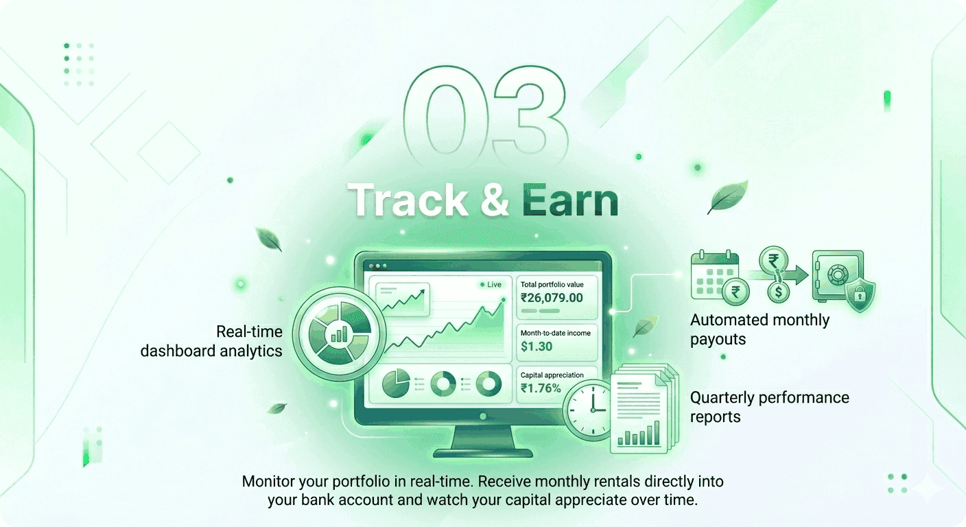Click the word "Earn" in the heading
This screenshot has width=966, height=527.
(570, 201)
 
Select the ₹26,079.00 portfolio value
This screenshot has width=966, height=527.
(552, 298)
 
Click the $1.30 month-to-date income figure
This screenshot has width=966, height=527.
(536, 347)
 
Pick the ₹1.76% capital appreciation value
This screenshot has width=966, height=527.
(541, 388)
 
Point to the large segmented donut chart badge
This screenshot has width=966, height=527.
(331, 329)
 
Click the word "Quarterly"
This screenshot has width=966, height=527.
(724, 398)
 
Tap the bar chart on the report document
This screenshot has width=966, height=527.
(637, 434)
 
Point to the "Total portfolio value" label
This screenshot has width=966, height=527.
(552, 284)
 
